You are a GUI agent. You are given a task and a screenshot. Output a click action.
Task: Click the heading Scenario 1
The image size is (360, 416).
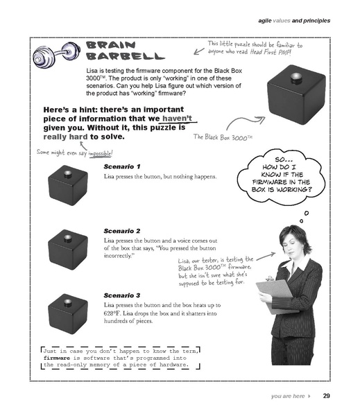[x=121, y=167]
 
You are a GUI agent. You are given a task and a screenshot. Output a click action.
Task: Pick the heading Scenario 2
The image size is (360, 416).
[x=121, y=230]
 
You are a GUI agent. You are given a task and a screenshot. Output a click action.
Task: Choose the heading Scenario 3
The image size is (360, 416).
[x=121, y=295]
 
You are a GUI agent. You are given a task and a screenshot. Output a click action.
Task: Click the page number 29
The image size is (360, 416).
[x=326, y=397]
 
